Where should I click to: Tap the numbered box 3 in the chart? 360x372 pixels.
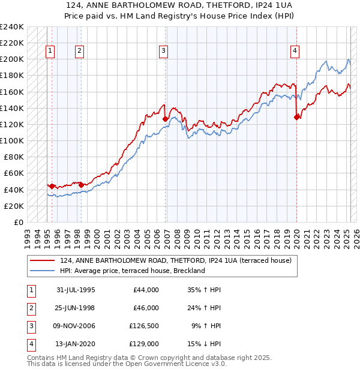(163, 52)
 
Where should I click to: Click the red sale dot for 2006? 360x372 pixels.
(165, 119)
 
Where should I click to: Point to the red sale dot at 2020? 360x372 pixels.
(296, 117)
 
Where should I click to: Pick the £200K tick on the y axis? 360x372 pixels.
(12, 59)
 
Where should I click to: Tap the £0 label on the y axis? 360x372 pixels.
(18, 223)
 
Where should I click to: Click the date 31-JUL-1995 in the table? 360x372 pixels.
(76, 290)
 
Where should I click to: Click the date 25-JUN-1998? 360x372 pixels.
(76, 308)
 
